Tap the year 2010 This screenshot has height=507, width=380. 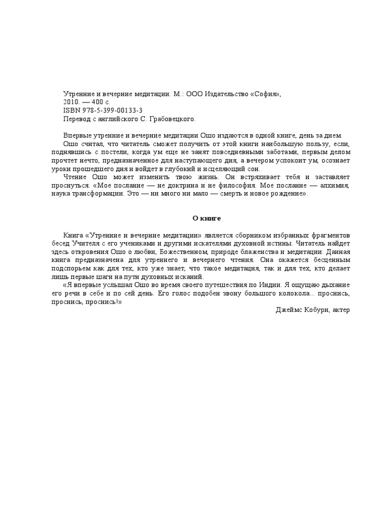click(72, 102)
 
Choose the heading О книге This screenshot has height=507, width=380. click(206, 217)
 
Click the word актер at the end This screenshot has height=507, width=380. click(341, 310)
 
